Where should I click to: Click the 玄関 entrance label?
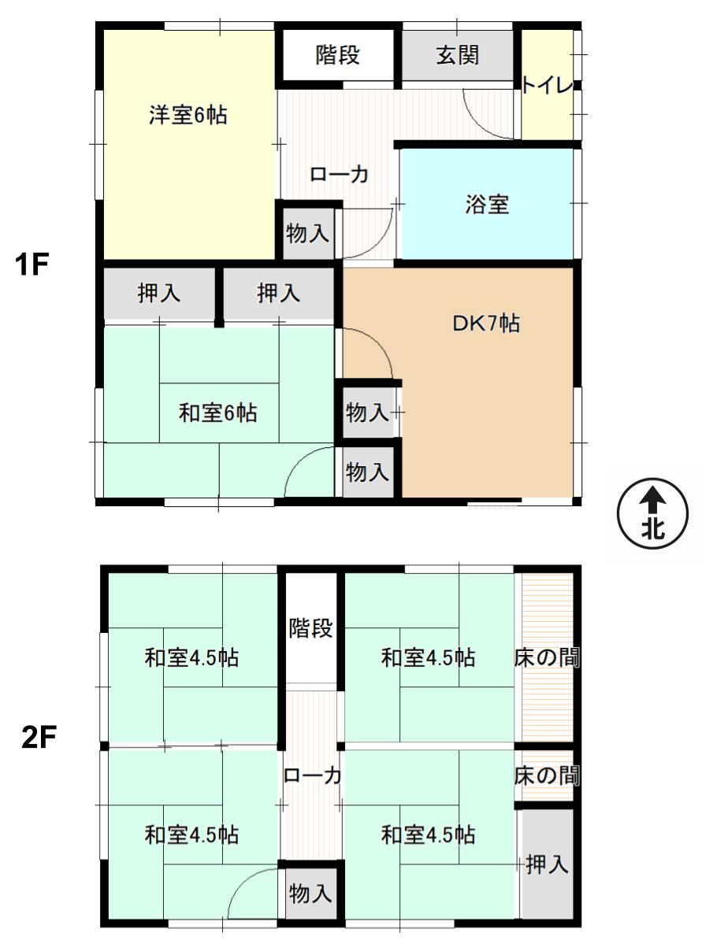[x=458, y=56]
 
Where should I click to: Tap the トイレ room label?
[x=548, y=86]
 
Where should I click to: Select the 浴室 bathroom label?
[x=487, y=205]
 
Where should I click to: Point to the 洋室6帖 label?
[x=188, y=115]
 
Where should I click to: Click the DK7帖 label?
[x=485, y=324]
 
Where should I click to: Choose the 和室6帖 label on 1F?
[x=218, y=413]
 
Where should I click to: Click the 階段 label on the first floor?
[x=338, y=55]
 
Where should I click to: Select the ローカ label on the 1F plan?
[x=339, y=175]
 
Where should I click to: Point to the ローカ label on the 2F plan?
[x=312, y=775]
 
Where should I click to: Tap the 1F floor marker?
[x=32, y=264]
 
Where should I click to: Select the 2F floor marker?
[x=39, y=738]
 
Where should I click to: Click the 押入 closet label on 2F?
[x=548, y=864]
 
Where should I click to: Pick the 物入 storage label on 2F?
[x=310, y=894]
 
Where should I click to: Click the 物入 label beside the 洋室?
[x=307, y=234]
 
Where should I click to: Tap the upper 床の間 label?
[x=547, y=657]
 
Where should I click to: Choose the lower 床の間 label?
[x=547, y=775]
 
